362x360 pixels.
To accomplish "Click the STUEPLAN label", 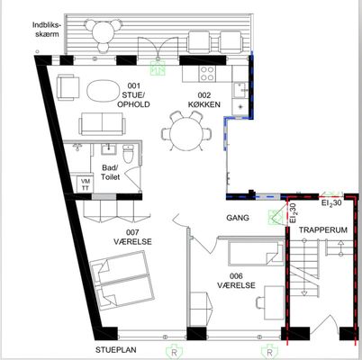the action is click(x=116, y=350).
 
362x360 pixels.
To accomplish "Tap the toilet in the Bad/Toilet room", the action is click(x=128, y=154).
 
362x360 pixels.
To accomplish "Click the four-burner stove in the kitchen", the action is click(x=207, y=74).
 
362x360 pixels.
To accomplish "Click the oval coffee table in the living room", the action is click(x=103, y=91).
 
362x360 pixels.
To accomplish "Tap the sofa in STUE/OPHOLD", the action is click(x=102, y=124).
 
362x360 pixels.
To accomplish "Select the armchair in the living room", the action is click(x=68, y=87).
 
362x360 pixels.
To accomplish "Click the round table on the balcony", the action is click(x=103, y=33).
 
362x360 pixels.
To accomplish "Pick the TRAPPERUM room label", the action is click(x=323, y=230).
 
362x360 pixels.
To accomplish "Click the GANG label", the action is click(x=238, y=218).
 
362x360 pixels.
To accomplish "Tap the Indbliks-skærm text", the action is click(x=46, y=29).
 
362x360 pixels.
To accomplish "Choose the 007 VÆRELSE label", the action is click(x=132, y=237).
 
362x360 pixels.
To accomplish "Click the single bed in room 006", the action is click(x=256, y=253).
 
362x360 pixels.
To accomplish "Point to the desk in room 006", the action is click(x=274, y=302).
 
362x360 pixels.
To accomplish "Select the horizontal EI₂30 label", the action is click(x=331, y=203).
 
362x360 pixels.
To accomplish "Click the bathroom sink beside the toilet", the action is click(x=109, y=149).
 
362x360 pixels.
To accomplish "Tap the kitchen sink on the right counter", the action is click(x=241, y=90).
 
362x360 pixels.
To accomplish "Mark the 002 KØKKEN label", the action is click(x=204, y=100).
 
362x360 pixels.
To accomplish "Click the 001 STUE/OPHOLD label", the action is click(x=133, y=95).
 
